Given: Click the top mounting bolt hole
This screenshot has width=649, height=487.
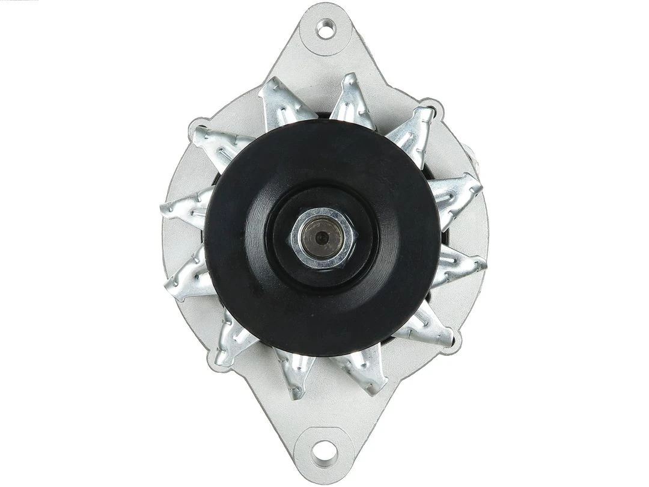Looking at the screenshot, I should (325, 28).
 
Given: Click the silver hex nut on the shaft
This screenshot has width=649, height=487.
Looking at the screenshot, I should (323, 237).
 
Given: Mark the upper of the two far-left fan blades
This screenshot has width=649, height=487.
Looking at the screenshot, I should (183, 207).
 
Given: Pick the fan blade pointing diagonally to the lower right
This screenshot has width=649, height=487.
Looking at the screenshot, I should (430, 328).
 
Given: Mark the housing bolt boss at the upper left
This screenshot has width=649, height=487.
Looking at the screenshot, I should (198, 127).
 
